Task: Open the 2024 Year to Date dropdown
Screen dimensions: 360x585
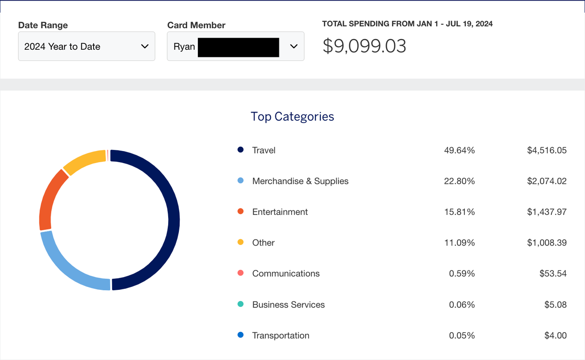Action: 86,47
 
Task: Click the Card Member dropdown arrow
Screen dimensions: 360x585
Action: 293,46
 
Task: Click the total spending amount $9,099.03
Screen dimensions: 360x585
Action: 364,46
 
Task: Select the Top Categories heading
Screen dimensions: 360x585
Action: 292,116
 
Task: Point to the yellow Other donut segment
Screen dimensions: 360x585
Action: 83,161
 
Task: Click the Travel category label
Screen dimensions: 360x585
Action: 264,151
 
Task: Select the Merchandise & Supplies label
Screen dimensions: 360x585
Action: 300,181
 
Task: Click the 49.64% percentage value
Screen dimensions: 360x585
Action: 459,151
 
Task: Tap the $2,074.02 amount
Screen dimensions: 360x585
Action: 546,181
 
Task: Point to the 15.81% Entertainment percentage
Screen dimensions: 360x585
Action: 459,212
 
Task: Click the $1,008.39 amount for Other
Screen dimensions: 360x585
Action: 546,243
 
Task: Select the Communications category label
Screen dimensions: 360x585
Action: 286,274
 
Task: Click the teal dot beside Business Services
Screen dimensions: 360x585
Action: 240,304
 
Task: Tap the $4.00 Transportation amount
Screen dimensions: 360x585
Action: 555,336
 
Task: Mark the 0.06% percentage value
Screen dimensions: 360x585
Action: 462,304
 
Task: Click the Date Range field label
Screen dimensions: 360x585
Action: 43,25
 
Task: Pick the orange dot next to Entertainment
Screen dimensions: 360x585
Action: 240,212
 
